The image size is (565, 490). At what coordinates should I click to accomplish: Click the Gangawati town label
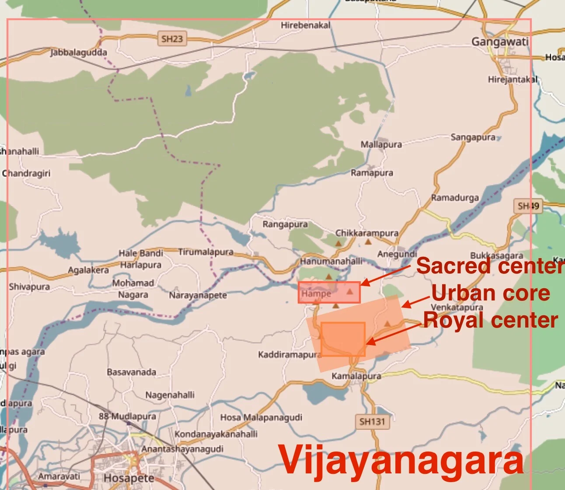(500, 42)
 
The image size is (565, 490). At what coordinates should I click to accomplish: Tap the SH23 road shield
(172, 39)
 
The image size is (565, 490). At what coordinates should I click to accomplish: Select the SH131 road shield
(372, 421)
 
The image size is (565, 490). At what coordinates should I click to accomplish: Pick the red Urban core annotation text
(490, 293)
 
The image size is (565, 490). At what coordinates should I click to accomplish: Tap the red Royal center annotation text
(490, 320)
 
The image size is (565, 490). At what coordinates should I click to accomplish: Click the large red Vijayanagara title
(401, 460)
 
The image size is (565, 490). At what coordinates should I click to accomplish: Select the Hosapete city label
(129, 478)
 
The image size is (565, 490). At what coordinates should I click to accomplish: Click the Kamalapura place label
(356, 376)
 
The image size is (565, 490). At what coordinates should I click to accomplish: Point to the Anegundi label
(397, 254)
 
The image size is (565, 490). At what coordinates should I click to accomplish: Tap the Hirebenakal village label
(306, 25)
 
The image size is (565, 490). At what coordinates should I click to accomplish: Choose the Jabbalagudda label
(79, 52)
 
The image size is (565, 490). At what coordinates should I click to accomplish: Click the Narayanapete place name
(198, 295)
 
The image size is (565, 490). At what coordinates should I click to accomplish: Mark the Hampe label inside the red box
(316, 294)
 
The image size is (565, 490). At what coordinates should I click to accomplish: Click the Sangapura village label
(473, 138)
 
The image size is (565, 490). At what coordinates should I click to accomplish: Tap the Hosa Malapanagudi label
(261, 418)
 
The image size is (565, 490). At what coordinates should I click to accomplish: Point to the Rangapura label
(285, 224)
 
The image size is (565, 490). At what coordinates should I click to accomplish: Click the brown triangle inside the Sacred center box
(349, 291)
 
